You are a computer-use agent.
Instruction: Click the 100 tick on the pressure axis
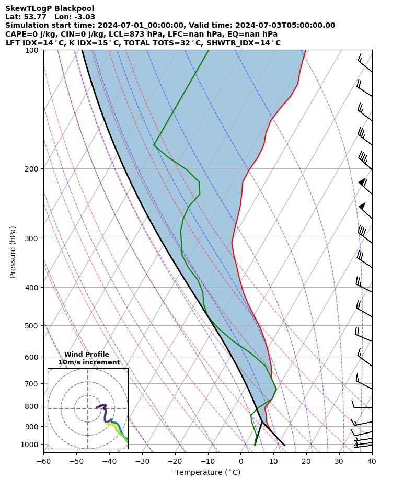pyautogui.click(x=32, y=50)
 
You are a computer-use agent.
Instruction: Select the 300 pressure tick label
pyautogui.click(x=32, y=238)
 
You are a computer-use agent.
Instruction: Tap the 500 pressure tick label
pyautogui.click(x=32, y=326)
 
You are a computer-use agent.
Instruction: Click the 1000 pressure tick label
pyautogui.click(x=30, y=445)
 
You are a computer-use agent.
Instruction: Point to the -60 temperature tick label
pyautogui.click(x=43, y=461)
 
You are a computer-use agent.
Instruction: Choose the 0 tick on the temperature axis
pyautogui.click(x=241, y=461)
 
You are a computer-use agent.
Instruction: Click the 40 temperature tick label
pyautogui.click(x=372, y=461)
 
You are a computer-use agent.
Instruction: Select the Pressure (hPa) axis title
pyautogui.click(x=13, y=252)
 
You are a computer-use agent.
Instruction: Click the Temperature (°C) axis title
pyautogui.click(x=208, y=473)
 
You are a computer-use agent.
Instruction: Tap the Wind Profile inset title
pyautogui.click(x=87, y=355)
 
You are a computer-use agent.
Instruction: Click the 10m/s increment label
pyautogui.click(x=89, y=362)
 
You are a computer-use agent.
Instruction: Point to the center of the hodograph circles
pyautogui.click(x=88, y=408)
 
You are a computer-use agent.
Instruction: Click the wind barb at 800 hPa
pyautogui.click(x=362, y=406)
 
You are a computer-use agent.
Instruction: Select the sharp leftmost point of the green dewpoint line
pyautogui.click(x=154, y=145)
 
